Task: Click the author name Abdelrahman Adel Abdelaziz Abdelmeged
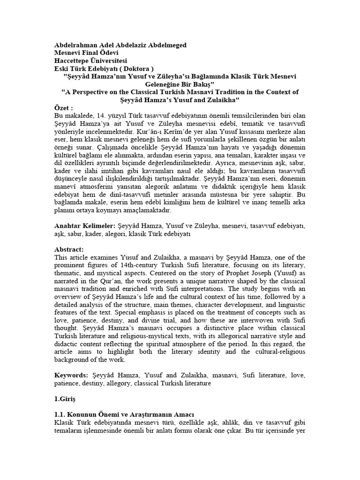[120, 45]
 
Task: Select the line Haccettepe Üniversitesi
[90, 60]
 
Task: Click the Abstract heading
[69, 249]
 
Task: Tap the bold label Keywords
[72, 375]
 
